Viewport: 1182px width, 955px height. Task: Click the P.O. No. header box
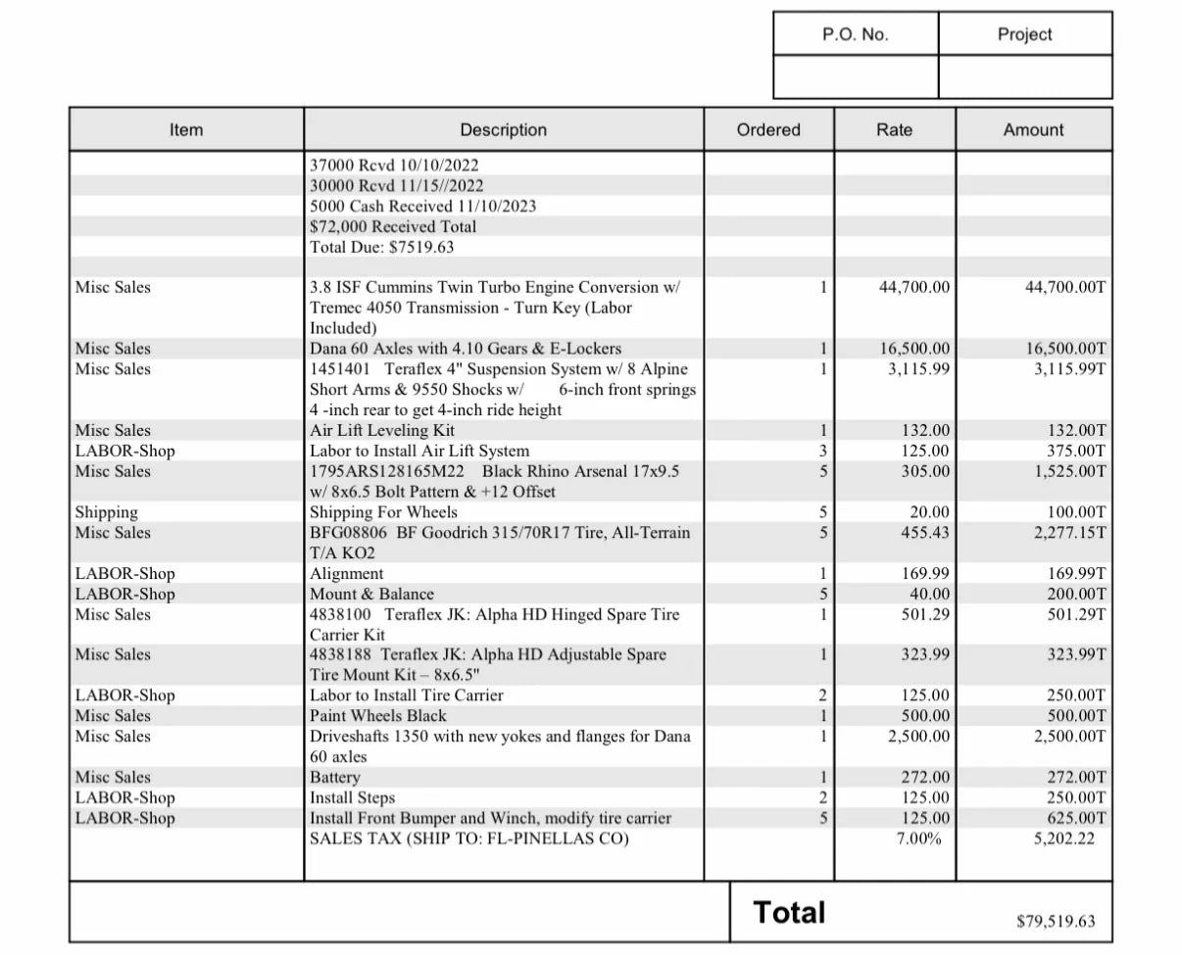point(855,34)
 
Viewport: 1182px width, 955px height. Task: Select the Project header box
point(1024,34)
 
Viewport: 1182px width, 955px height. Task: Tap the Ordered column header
point(768,129)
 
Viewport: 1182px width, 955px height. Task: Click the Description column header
point(503,129)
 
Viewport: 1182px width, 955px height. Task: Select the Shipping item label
point(107,512)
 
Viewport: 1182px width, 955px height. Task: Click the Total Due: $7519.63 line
point(381,247)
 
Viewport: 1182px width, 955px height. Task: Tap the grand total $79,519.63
point(1056,921)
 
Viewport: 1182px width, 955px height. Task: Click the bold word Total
point(789,913)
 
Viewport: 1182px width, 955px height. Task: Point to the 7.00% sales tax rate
point(920,839)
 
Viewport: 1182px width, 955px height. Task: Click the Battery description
point(335,778)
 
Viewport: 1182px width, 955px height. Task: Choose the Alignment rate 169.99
point(925,574)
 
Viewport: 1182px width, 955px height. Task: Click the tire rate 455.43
point(925,533)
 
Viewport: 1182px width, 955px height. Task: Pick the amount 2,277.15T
point(1070,533)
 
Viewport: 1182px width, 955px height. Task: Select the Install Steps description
point(352,798)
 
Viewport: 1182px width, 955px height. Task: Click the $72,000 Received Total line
point(393,226)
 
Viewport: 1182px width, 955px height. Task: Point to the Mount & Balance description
point(371,595)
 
